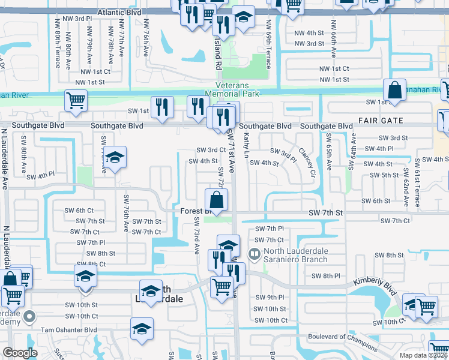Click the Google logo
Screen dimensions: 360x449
(20, 353)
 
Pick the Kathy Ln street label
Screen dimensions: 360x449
(247, 147)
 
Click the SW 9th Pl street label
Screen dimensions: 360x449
(269, 298)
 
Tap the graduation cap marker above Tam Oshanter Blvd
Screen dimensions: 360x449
(142, 329)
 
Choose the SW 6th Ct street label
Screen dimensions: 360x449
(79, 210)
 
